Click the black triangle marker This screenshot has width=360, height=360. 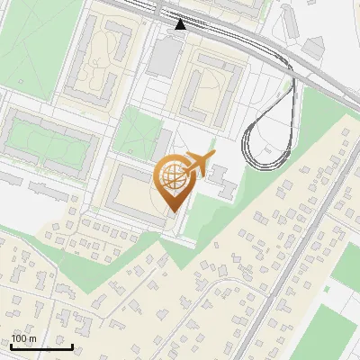coord(180,24)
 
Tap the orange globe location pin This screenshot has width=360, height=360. coord(174,183)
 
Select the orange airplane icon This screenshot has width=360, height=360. coord(199,165)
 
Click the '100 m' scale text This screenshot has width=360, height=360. coord(23,337)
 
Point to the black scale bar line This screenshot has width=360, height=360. coord(41,346)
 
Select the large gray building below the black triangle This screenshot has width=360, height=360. coord(165,57)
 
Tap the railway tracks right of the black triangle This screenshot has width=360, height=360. coord(243,40)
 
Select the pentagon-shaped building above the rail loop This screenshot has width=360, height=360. coord(314,46)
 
